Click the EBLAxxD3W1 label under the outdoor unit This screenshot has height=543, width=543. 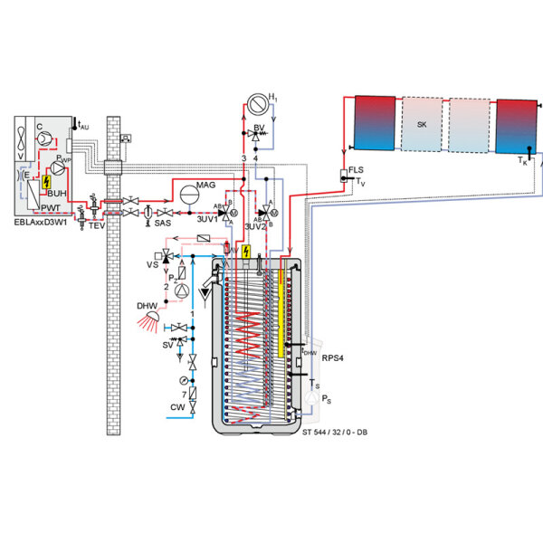[x=44, y=220]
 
